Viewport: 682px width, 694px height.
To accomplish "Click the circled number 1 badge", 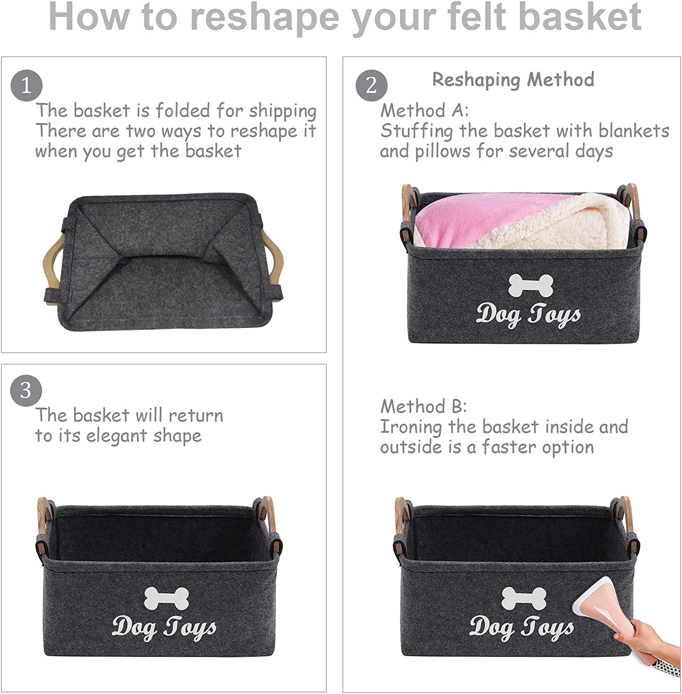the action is pos(26,86).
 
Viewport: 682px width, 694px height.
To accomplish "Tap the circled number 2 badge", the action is pos(371,86).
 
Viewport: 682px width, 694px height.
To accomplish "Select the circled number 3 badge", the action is pos(26,391).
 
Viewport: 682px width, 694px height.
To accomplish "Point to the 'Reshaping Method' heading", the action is pos(513,80).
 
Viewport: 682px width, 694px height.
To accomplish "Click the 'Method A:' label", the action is pos(425,111).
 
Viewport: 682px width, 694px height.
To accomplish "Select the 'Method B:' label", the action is pos(424,407).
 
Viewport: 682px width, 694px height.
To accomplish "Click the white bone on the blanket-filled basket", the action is pos(531,285).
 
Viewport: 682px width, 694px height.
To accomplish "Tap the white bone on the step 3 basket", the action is pos(167,598).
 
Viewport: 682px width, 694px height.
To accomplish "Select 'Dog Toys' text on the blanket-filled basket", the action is pos(528,315).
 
